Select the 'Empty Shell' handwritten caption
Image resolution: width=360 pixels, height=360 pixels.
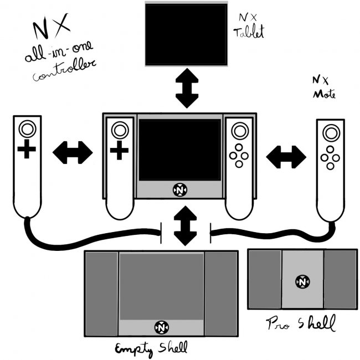pos(151,348)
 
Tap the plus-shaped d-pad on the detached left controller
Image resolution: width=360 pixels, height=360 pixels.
pos(26,150)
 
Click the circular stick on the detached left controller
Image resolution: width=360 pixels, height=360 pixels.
pos(26,130)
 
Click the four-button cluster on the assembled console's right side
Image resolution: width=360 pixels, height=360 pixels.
pos(239,156)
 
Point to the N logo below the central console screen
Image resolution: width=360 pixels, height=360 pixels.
pos(180,189)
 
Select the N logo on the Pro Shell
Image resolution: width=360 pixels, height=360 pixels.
pos(302,281)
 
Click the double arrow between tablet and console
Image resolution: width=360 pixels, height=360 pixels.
pos(186,89)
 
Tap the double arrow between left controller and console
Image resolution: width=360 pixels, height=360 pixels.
pos(72,152)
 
